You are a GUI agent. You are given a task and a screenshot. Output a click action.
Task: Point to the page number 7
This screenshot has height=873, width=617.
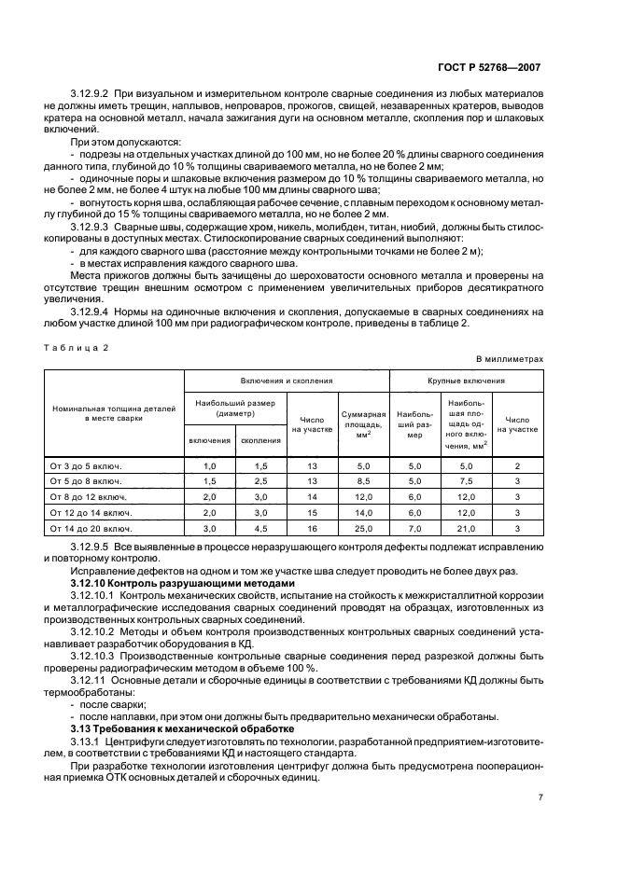click(x=540, y=797)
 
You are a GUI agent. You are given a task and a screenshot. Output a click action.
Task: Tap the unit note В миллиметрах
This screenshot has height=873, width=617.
click(x=509, y=358)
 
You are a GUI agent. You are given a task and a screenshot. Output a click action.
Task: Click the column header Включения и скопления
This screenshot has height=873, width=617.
click(x=286, y=381)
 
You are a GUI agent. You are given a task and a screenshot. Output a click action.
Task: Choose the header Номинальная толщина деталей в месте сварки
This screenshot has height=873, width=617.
click(x=115, y=414)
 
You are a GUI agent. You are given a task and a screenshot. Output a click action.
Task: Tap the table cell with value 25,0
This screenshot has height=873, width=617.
click(x=363, y=528)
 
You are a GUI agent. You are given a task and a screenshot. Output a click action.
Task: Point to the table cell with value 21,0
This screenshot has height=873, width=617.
click(x=467, y=528)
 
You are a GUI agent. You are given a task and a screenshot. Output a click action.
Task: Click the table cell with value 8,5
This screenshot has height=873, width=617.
click(x=363, y=481)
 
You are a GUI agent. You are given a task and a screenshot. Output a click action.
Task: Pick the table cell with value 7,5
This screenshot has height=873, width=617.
click(x=467, y=481)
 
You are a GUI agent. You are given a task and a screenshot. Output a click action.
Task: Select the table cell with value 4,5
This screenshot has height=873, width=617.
click(x=260, y=528)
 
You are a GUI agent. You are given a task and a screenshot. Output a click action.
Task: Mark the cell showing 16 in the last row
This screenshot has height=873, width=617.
click(x=313, y=528)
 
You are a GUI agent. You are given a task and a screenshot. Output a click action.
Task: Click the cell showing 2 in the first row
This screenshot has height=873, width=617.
click(x=517, y=465)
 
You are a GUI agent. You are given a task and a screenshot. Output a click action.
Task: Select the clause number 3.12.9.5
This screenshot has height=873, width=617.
click(x=91, y=547)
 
